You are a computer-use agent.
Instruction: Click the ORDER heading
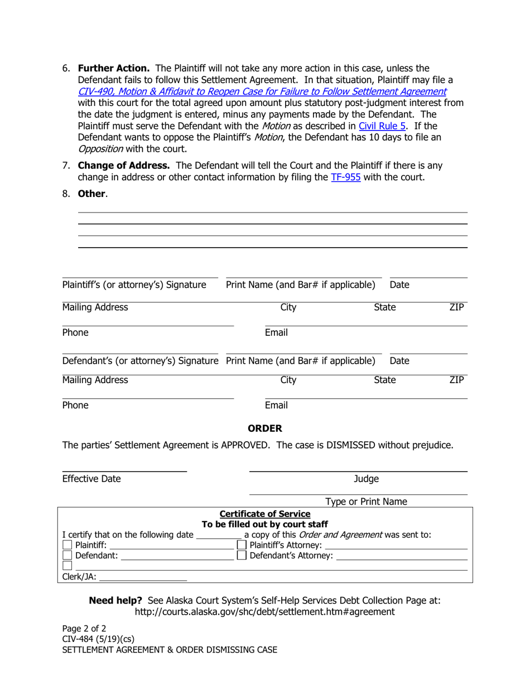tap(265, 428)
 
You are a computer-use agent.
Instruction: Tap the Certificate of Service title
tap(265, 514)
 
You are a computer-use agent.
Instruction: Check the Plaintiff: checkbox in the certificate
tap(68, 545)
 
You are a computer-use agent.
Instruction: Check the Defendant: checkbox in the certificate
tap(68, 555)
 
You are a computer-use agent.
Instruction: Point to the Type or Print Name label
tap(366, 502)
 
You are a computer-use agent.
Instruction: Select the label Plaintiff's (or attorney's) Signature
tap(134, 286)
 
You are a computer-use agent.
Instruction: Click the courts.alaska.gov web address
tap(265, 612)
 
